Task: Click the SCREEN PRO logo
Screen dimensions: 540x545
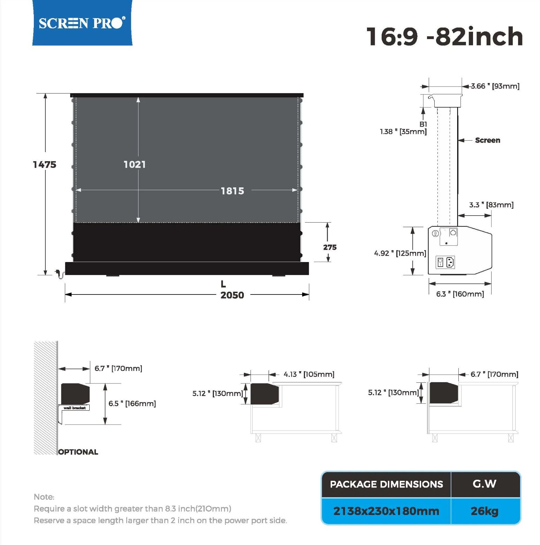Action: click(x=82, y=23)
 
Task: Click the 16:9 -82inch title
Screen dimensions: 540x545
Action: click(x=445, y=37)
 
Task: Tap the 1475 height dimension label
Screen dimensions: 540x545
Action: click(x=44, y=165)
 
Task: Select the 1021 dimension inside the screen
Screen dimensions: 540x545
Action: click(x=135, y=164)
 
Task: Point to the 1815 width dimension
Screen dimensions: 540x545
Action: click(x=232, y=191)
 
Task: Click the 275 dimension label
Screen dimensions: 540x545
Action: click(x=330, y=247)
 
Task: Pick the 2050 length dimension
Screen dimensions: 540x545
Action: click(x=232, y=295)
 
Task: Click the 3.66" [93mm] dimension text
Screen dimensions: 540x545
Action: click(x=495, y=86)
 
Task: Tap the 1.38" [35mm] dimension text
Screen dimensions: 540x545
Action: click(x=403, y=132)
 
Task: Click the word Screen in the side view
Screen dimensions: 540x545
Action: click(x=487, y=140)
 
